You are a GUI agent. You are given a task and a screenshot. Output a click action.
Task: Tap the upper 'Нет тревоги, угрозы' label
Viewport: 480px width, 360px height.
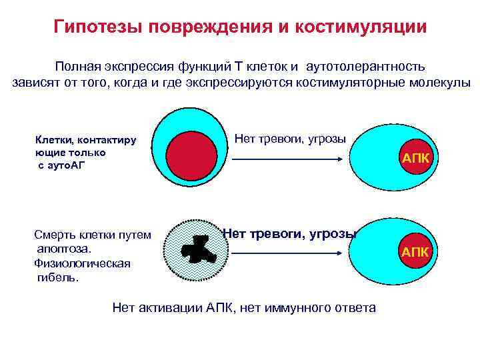tap(290, 139)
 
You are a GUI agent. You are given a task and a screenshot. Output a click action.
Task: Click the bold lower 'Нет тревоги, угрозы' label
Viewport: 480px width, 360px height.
tap(290, 233)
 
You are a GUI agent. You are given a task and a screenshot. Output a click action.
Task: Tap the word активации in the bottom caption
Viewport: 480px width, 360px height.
tap(169, 307)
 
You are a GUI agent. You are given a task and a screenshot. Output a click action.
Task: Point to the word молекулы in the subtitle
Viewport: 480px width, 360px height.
tap(441, 83)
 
